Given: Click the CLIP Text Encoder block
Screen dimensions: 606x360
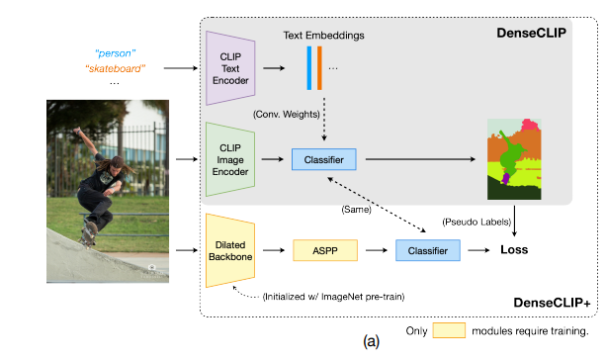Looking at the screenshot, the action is pos(230,68).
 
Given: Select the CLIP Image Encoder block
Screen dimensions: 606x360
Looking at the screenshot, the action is pos(230,159).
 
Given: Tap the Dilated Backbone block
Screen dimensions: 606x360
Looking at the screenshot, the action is pos(230,250).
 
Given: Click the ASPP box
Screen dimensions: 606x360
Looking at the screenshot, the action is pos(325,250).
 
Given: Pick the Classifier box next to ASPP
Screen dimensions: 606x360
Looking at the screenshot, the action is pos(428,250).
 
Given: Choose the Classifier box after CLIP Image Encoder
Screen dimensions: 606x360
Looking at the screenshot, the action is pos(324,159).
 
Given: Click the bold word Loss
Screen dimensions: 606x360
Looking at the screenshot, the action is pos(514,250).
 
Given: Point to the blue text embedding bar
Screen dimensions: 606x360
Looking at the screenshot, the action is pos(309,68).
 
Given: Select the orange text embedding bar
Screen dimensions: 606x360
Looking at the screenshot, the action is pos(319,68).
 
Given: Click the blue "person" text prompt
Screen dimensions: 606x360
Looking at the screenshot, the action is pos(116,53).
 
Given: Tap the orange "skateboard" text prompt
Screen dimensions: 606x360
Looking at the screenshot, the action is pos(116,68).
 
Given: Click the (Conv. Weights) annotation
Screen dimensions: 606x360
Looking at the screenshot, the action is pos(287,115).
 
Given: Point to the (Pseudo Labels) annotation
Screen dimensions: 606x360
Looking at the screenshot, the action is pos(476,222).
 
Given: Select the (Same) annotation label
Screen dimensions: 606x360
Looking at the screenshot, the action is pos(356,210).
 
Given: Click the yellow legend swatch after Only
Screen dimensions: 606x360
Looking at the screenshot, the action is pos(449,330).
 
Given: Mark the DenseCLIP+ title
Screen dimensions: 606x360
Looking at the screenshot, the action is pos(552,303).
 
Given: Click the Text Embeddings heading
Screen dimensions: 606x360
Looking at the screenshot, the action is pos(323,36).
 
